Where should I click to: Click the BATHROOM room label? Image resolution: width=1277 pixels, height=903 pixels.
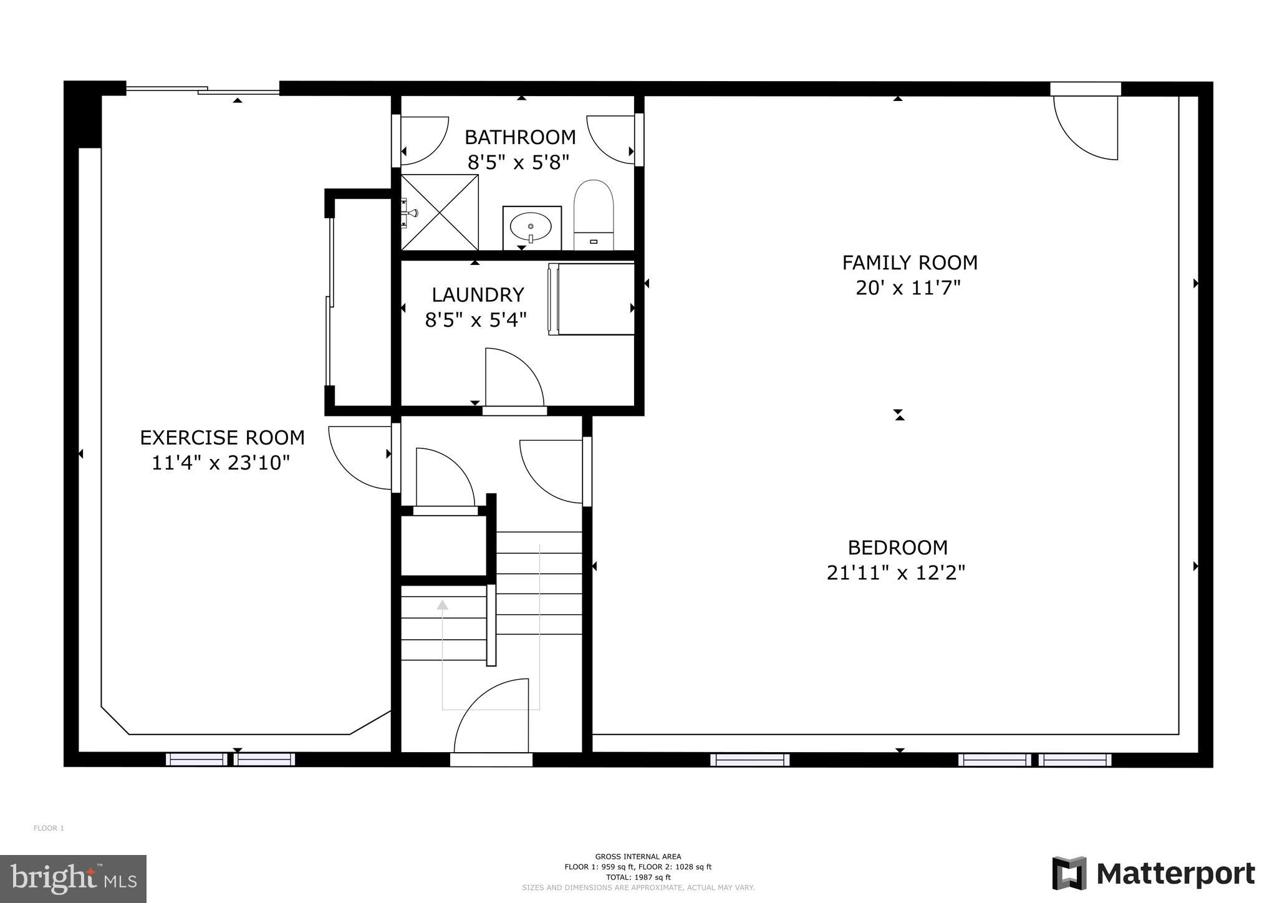pos(520,137)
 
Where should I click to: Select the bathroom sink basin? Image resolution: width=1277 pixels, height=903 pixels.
pos(531,227)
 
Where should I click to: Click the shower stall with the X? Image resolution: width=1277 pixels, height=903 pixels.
pos(440,213)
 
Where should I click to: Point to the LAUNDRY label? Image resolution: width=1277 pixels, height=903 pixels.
pos(478,294)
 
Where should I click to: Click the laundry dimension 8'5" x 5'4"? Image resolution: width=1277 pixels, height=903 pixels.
pos(476,320)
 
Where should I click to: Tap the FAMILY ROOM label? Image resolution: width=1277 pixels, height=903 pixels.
pos(909,263)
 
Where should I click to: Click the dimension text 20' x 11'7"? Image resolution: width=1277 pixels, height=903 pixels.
pos(907,288)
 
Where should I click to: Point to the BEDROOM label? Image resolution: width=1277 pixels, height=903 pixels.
pos(897,548)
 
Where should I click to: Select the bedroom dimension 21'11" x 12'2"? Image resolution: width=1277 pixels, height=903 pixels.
pos(895,572)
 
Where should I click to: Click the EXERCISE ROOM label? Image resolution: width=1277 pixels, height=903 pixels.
pos(222,438)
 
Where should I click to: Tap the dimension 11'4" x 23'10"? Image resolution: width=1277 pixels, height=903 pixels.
pos(221,463)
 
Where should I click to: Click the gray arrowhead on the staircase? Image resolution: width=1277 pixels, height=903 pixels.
pos(442,604)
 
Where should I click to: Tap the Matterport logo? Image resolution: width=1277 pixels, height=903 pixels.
pos(1154,874)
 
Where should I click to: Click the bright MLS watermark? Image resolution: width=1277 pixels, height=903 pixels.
pos(73,879)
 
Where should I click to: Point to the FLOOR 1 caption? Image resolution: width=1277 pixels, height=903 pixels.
pos(49,828)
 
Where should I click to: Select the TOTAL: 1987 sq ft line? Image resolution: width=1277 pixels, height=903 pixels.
pos(638,877)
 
